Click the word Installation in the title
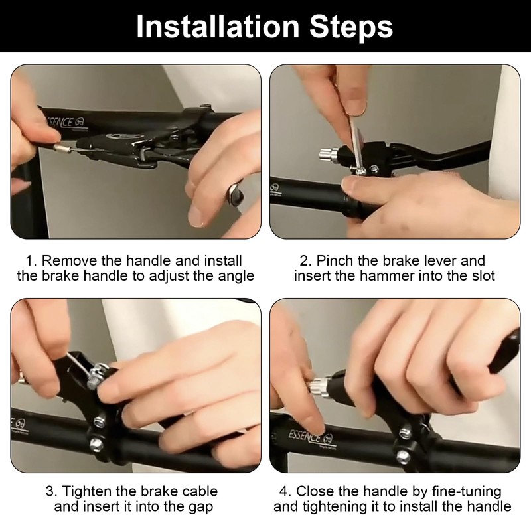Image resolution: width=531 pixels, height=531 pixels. click(x=218, y=26)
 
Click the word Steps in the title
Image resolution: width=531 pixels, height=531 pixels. click(x=351, y=27)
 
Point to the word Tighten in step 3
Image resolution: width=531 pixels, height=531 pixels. click(x=88, y=491)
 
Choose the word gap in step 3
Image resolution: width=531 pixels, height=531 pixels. click(x=200, y=507)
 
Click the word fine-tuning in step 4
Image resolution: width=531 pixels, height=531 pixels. click(x=467, y=491)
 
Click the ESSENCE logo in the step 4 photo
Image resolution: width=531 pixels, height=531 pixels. click(x=311, y=437)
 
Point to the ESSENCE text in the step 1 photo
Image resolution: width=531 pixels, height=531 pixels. click(x=66, y=122)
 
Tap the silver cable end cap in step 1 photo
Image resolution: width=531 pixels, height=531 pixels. click(x=62, y=147)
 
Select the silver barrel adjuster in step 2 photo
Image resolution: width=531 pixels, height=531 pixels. click(x=328, y=155)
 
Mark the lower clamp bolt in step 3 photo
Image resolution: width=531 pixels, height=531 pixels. click(x=96, y=443)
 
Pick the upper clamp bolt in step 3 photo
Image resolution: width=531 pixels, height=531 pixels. click(x=99, y=421)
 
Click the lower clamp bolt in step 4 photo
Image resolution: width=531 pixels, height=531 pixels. click(x=403, y=456)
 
